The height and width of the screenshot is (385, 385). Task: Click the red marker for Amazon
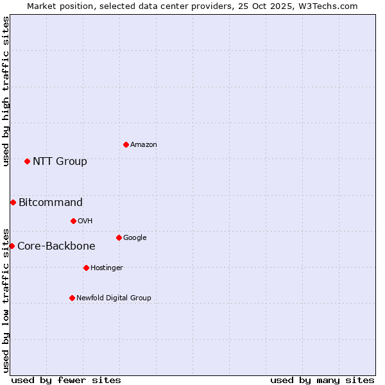pos(126,144)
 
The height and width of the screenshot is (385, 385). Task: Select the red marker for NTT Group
pos(27,161)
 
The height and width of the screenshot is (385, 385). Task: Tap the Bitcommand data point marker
pos(13,202)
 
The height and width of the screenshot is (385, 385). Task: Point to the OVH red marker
pos(73,221)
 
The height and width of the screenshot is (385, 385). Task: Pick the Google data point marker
pos(119,237)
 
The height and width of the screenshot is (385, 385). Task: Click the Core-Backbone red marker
pos(12,246)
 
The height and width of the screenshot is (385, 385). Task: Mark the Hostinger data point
pos(86,268)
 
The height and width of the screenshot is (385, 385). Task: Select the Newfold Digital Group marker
pos(72,298)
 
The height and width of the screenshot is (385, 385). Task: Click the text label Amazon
pos(144,145)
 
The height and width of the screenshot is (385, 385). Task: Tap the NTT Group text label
pos(60,161)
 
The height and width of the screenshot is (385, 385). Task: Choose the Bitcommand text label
pos(51,202)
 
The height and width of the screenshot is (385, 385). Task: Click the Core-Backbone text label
pos(56,246)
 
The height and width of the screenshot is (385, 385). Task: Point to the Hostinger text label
pos(107,268)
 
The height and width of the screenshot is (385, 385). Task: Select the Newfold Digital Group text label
pos(114,298)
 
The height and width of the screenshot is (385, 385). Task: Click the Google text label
pos(135,237)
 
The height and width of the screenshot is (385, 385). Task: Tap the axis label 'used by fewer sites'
pos(66,380)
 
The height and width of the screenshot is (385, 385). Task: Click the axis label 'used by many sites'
pos(322,380)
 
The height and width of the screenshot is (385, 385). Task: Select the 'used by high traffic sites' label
pos(6,91)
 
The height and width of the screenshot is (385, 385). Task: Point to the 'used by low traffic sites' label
pos(6,300)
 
